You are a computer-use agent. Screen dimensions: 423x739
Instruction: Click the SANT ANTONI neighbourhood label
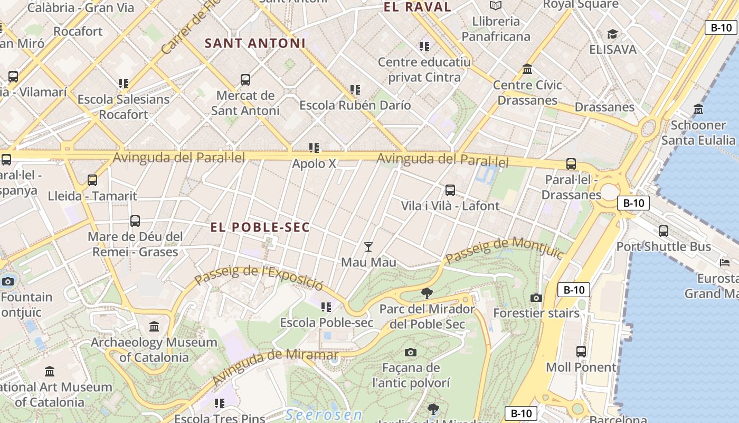(x=255, y=43)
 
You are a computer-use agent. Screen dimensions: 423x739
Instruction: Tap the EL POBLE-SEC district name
(x=260, y=227)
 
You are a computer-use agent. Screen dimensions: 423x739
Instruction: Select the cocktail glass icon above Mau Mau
(x=368, y=246)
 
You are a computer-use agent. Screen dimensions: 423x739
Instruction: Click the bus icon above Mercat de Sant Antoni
(x=245, y=80)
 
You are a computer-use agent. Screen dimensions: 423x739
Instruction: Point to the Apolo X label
(x=314, y=163)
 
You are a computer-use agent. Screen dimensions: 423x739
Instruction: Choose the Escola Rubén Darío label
(x=355, y=105)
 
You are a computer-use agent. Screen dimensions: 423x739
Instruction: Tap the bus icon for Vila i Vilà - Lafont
(x=450, y=190)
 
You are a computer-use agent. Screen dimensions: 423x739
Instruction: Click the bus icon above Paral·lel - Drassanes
(x=571, y=164)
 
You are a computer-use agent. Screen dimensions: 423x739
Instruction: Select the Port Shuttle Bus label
(x=664, y=246)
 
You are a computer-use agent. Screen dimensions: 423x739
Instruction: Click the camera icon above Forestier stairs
(x=536, y=298)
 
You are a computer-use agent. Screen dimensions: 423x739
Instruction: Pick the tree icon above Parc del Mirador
(x=427, y=293)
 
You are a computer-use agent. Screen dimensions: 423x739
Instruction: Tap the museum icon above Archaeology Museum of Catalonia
(x=154, y=327)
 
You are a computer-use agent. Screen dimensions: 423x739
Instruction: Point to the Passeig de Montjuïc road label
(x=505, y=252)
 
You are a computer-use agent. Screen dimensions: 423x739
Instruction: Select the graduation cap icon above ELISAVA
(x=612, y=34)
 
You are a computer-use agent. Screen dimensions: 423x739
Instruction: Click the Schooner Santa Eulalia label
(x=698, y=133)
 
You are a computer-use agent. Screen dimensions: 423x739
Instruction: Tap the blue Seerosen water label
(x=324, y=415)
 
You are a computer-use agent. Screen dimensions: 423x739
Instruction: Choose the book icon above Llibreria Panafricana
(x=495, y=6)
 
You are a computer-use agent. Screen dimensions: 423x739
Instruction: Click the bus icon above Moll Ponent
(x=581, y=351)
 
